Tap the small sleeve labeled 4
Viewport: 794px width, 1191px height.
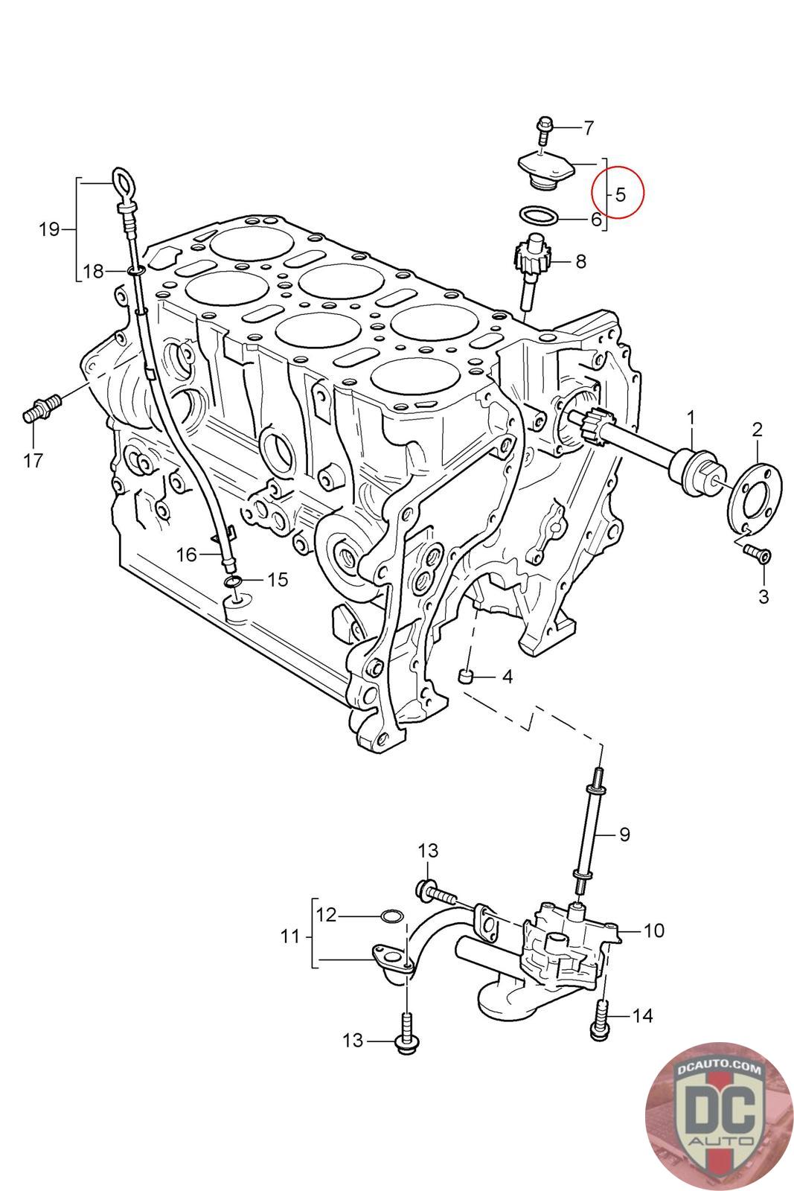click(467, 677)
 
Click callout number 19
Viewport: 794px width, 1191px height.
click(49, 229)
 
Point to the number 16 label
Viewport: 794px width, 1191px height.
click(187, 554)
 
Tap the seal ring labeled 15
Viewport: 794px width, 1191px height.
click(232, 581)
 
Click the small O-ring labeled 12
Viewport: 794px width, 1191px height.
click(392, 915)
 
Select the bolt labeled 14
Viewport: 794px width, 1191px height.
click(600, 1019)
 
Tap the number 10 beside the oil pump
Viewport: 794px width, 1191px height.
click(653, 930)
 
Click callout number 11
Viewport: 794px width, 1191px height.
click(290, 936)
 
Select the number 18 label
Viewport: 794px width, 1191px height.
click(94, 272)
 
